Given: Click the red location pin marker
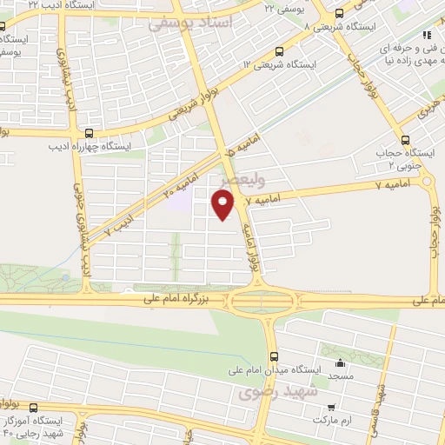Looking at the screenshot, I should [223, 205].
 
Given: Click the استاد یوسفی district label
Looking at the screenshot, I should [192, 23].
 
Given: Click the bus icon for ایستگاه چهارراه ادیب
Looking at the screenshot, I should [90, 134].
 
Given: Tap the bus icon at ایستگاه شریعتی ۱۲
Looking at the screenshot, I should [278, 51].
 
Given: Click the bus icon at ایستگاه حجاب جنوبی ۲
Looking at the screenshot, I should [404, 140].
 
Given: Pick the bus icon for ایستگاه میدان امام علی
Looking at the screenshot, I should [275, 356].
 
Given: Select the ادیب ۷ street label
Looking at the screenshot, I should [119, 223].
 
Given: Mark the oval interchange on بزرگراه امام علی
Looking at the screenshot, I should [260, 300].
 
